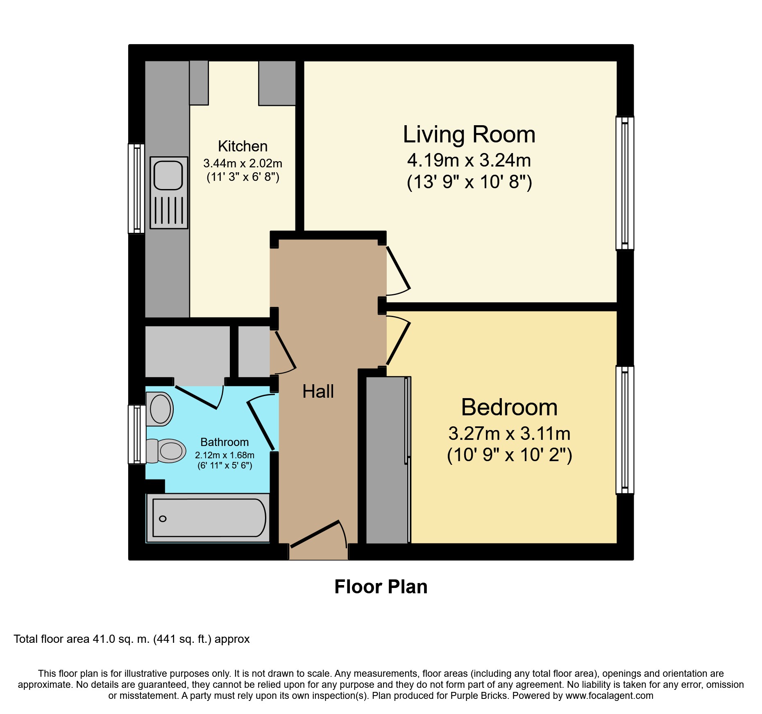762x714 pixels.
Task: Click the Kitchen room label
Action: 243,146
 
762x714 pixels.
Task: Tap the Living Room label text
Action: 469,134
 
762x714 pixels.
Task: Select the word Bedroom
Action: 509,407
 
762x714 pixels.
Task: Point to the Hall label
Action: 318,392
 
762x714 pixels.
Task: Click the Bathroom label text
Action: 225,442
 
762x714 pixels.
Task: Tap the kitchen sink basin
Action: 168,175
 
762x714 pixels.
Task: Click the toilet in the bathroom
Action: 166,451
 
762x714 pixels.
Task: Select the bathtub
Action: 208,518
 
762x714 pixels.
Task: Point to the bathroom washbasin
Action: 160,409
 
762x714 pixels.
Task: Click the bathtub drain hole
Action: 163,519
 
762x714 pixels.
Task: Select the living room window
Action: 625,183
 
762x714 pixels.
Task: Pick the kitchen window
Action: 136,188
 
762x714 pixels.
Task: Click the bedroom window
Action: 625,430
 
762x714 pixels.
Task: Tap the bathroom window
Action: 137,434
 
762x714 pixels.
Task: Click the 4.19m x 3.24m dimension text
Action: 469,160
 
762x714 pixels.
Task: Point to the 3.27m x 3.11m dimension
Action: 509,433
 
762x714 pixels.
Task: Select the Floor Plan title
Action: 381,587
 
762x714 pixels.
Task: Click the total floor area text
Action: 132,639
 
